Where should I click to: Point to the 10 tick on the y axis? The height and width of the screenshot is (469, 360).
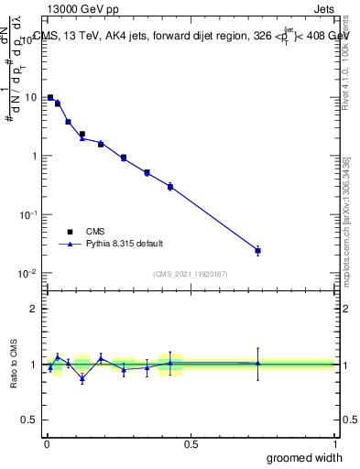(x=31, y=97)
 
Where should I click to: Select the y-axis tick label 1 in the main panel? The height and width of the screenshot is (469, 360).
(x=35, y=156)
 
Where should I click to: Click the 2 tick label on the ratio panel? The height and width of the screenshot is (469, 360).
(x=35, y=309)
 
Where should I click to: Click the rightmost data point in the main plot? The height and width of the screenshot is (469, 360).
(x=257, y=250)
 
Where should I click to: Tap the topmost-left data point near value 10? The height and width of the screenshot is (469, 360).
(x=50, y=97)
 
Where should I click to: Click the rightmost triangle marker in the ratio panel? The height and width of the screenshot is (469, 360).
(x=257, y=364)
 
